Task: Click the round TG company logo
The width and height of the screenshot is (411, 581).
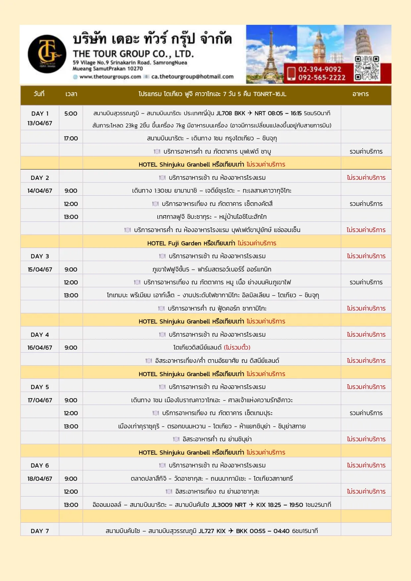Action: coord(47,54)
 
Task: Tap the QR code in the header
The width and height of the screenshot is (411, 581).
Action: coord(367,68)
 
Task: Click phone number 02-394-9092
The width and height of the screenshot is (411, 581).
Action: coord(320,69)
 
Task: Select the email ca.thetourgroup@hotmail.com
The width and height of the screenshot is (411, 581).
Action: coord(192,77)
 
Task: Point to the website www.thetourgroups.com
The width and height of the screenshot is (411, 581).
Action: coord(110,77)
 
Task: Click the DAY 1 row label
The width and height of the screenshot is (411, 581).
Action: coord(40,114)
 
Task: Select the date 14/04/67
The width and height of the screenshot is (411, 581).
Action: coord(40,191)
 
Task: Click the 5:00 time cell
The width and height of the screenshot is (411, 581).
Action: coord(71,114)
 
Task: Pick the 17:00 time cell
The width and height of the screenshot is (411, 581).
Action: coord(71,138)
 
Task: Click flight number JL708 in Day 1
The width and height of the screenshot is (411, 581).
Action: coord(224,113)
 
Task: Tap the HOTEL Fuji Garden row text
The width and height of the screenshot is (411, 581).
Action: coord(212,243)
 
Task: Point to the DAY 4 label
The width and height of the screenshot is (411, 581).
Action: coord(40,335)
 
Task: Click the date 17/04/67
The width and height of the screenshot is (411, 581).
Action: coord(40,400)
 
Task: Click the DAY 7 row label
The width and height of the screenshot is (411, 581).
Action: coord(40,531)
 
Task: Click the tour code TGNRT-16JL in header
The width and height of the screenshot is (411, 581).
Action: coord(270,94)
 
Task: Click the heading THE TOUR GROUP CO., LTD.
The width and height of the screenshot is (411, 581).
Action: coord(133,54)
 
